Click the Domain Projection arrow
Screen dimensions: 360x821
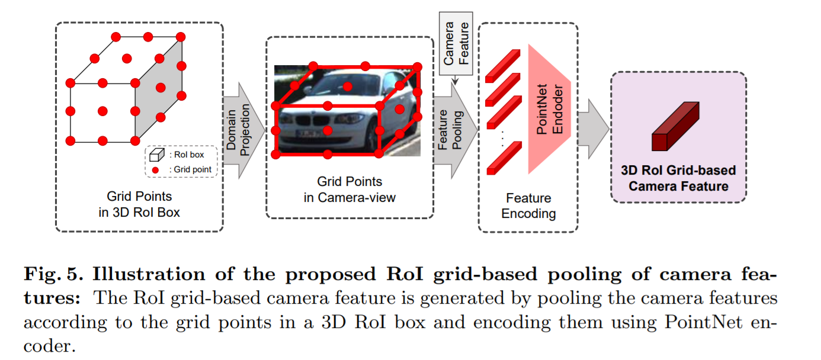pos(243,130)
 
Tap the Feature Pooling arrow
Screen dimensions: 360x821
pos(457,131)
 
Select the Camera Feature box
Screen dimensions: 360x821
pos(456,44)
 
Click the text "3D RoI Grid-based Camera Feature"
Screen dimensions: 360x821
pos(678,178)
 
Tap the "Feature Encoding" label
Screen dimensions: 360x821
pos(528,205)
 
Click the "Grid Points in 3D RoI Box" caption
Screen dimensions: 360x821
pos(139,203)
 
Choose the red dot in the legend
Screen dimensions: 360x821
pos(156,170)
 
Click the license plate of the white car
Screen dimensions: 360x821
pos(309,134)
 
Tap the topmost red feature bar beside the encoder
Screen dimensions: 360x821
pos(502,64)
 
